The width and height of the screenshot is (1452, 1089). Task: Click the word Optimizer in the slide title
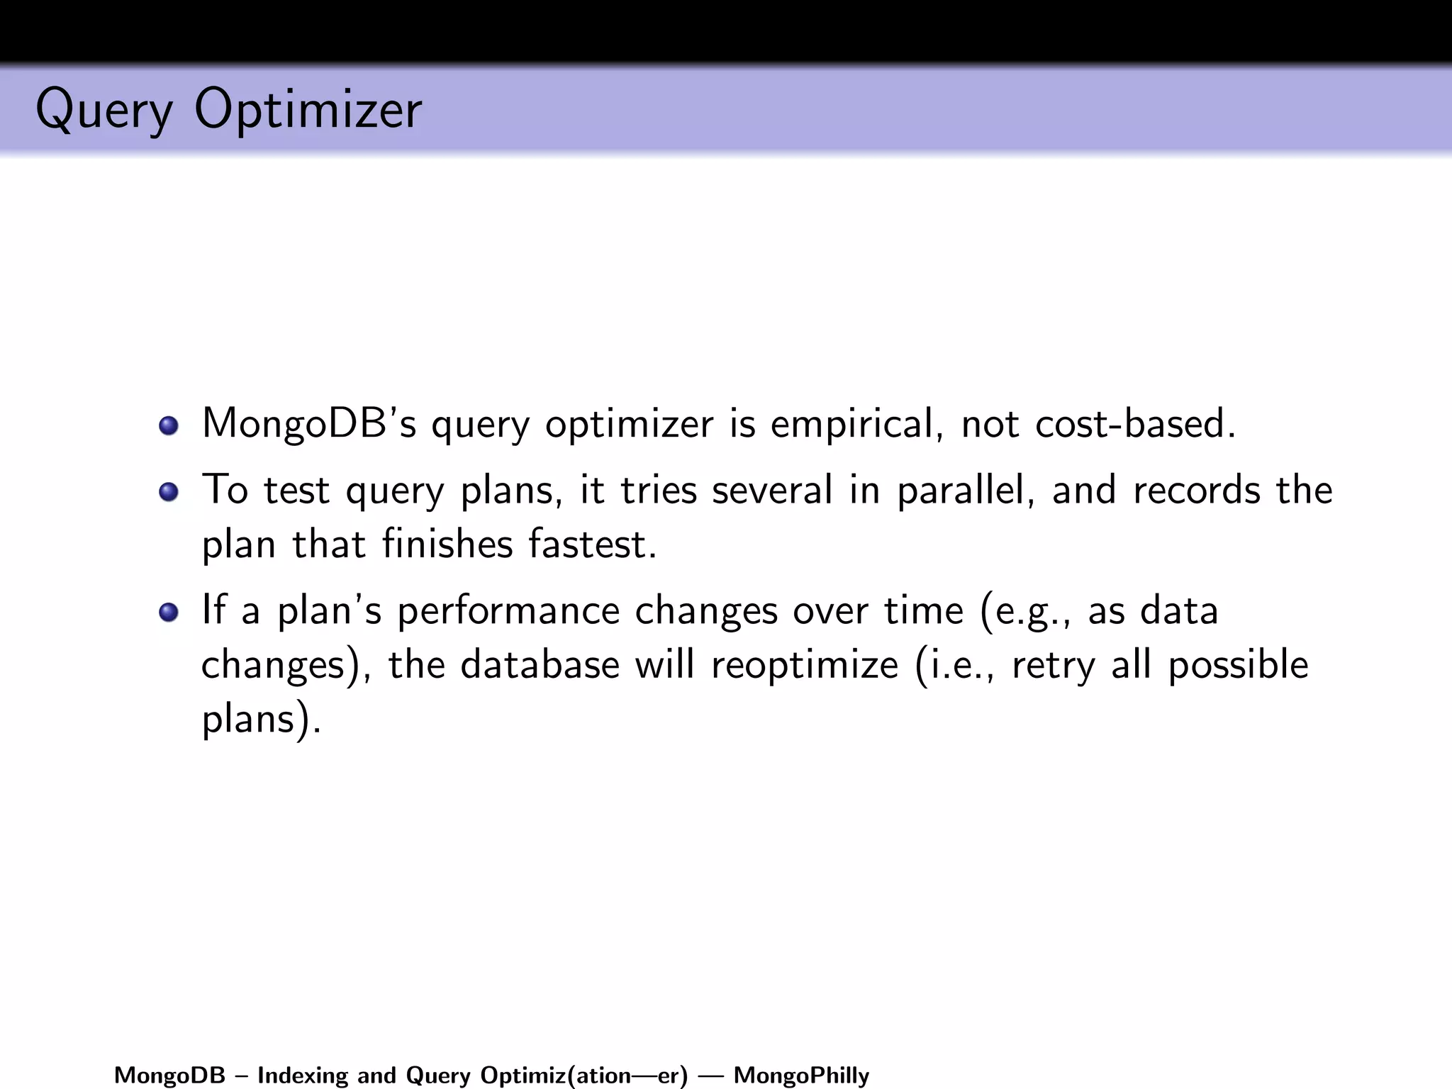[308, 110]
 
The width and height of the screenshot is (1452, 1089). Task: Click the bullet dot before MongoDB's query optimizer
[169, 425]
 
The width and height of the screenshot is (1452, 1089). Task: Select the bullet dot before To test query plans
[169, 491]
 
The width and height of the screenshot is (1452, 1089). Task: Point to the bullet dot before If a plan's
[169, 611]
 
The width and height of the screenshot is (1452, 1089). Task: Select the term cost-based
[1135, 423]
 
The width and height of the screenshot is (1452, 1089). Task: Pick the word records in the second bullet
[1197, 490]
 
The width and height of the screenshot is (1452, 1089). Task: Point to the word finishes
[447, 544]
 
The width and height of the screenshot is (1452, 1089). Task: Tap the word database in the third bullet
[540, 665]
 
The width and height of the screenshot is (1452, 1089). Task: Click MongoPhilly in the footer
[801, 1076]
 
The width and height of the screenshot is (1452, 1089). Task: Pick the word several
[772, 490]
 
